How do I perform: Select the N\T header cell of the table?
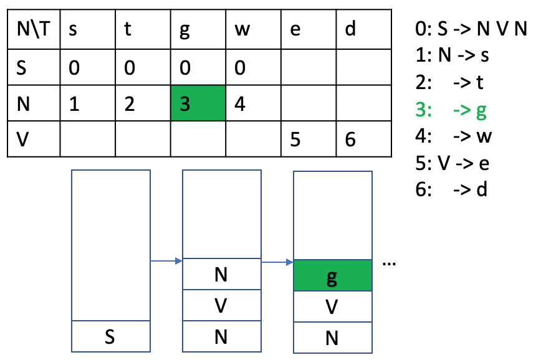click(32, 29)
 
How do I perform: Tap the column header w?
click(253, 29)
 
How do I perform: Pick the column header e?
click(309, 29)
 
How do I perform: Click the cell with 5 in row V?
click(309, 140)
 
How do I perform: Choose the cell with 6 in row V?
click(364, 140)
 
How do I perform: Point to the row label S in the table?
click(32, 67)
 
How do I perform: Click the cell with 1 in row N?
click(87, 104)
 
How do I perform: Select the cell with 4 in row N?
click(253, 104)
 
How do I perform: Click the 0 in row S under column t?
click(142, 67)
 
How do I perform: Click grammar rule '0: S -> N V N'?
click(471, 29)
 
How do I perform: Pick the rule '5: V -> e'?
click(452, 163)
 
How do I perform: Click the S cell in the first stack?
click(111, 337)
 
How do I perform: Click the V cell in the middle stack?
click(221, 306)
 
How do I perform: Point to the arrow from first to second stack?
click(166, 261)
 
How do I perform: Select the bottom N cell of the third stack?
click(332, 338)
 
